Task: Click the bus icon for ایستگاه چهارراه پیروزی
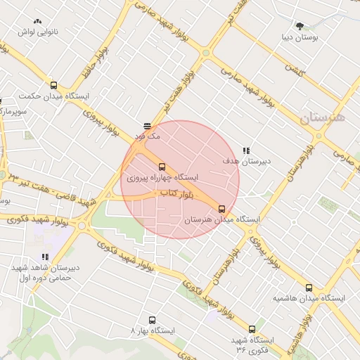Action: [162, 167]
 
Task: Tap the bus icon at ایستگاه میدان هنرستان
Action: [222, 209]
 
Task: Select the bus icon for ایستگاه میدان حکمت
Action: [54, 85]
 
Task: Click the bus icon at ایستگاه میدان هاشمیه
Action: [309, 288]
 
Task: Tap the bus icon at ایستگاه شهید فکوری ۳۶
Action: [252, 328]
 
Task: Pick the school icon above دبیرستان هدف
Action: [245, 150]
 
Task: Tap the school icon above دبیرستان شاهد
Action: [45, 257]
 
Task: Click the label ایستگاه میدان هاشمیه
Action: [309, 299]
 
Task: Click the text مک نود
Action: [150, 136]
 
